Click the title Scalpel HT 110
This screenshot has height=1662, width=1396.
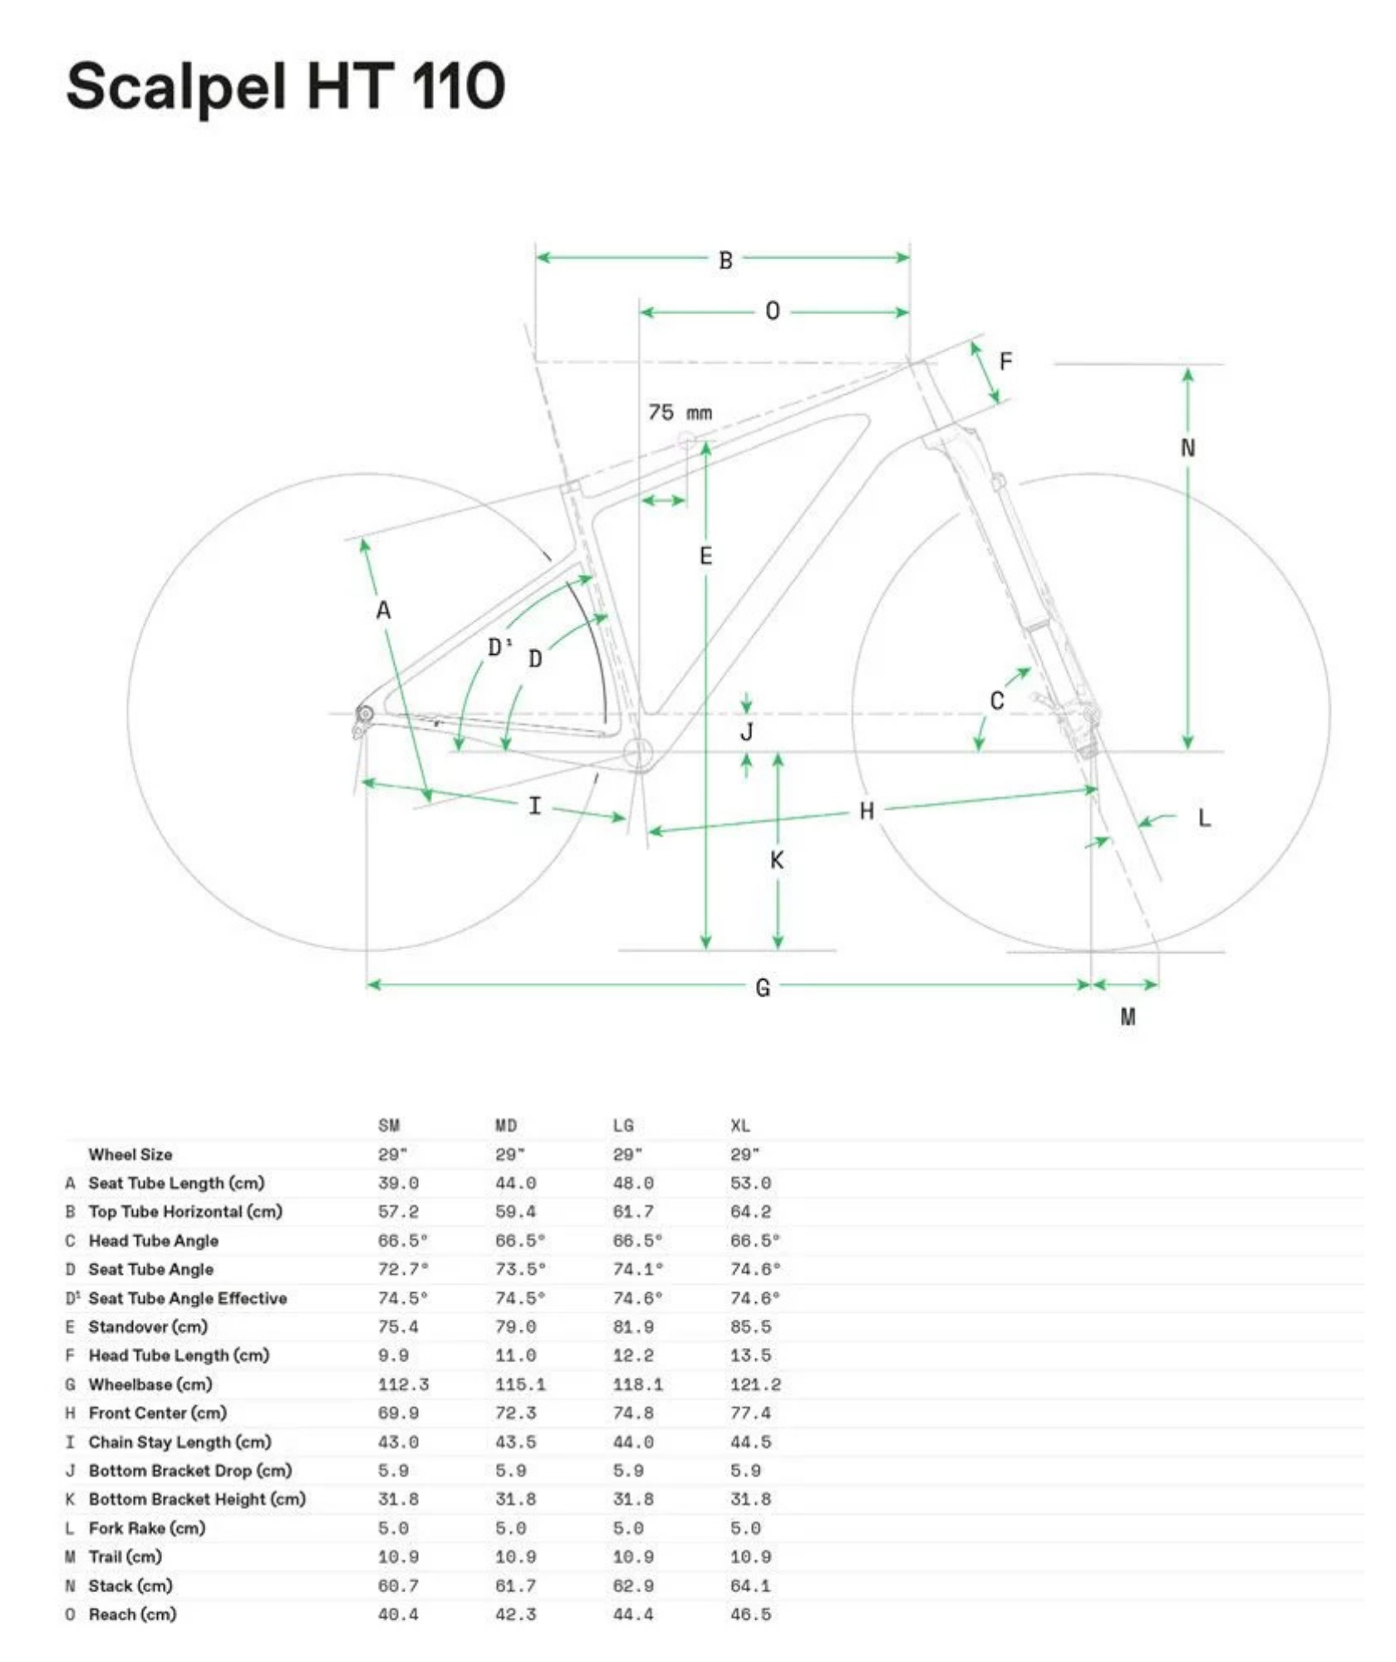(285, 87)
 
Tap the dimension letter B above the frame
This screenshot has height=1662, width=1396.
(725, 260)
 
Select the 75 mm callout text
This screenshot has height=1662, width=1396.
(680, 412)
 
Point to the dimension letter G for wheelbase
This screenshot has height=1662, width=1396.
(763, 987)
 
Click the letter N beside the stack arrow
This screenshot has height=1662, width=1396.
(1187, 448)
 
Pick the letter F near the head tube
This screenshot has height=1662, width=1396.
(1005, 361)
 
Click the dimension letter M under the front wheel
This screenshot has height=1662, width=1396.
(1128, 1016)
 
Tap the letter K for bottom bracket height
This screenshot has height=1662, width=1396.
(777, 860)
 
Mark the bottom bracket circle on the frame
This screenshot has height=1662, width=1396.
(638, 754)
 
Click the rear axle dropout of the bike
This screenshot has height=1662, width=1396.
(364, 714)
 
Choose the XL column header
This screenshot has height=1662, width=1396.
(740, 1125)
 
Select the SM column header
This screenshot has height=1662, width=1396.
(389, 1125)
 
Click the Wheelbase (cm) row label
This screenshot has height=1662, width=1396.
(150, 1384)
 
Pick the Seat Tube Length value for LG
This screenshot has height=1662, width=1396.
(633, 1183)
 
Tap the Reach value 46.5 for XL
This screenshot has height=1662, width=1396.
(750, 1614)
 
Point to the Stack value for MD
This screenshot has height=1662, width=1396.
(515, 1586)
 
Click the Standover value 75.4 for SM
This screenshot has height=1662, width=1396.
(398, 1326)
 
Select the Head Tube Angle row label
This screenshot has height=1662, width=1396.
(154, 1241)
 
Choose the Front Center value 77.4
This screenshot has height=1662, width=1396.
(750, 1413)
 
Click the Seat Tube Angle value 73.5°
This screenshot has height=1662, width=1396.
(520, 1269)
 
